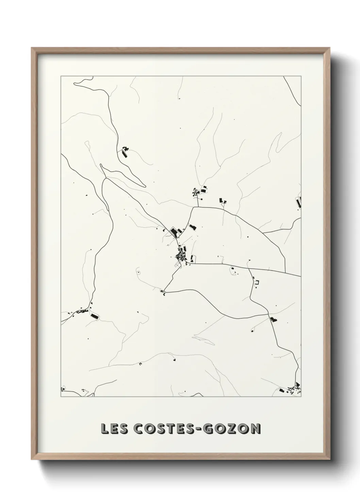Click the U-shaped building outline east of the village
coord(257,282)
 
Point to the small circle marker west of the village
coord(138,272)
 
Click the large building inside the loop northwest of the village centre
coord(174,233)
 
